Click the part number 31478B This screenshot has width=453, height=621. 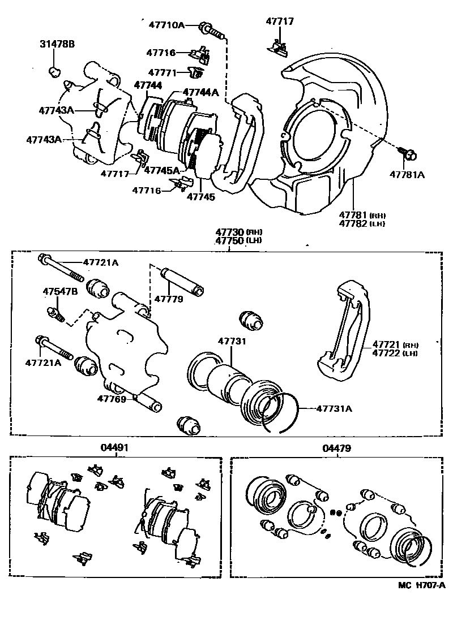point(57,44)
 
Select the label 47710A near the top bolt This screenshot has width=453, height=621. point(166,25)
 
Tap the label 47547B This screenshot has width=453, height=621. point(60,291)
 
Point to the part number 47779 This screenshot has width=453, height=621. point(169,298)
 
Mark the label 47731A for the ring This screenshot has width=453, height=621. point(334,408)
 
